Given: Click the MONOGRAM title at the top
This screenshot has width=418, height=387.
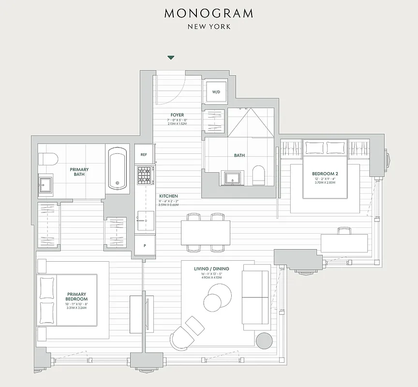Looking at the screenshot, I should (x=209, y=13).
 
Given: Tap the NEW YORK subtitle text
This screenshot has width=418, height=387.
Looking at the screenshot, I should (x=209, y=26).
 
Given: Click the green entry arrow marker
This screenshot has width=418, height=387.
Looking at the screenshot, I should (x=170, y=58).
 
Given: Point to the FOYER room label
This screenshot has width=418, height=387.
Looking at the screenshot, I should (x=177, y=115).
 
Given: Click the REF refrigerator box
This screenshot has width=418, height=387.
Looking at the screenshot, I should (x=144, y=155).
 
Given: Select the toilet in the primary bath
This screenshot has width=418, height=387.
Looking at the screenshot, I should (x=48, y=158).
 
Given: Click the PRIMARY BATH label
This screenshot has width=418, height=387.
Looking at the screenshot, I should (x=79, y=172).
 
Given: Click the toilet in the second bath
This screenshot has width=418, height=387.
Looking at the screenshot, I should (x=259, y=175).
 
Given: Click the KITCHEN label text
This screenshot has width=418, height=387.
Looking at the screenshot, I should (x=168, y=196).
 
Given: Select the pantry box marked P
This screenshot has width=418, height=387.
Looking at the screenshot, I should (x=144, y=245).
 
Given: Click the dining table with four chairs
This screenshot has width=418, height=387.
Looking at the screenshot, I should (x=206, y=232).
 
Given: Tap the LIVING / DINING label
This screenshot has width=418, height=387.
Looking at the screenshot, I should (x=211, y=269).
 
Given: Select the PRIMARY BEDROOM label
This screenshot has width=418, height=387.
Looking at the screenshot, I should (x=77, y=296).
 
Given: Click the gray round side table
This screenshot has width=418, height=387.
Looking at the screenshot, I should (x=265, y=341).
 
